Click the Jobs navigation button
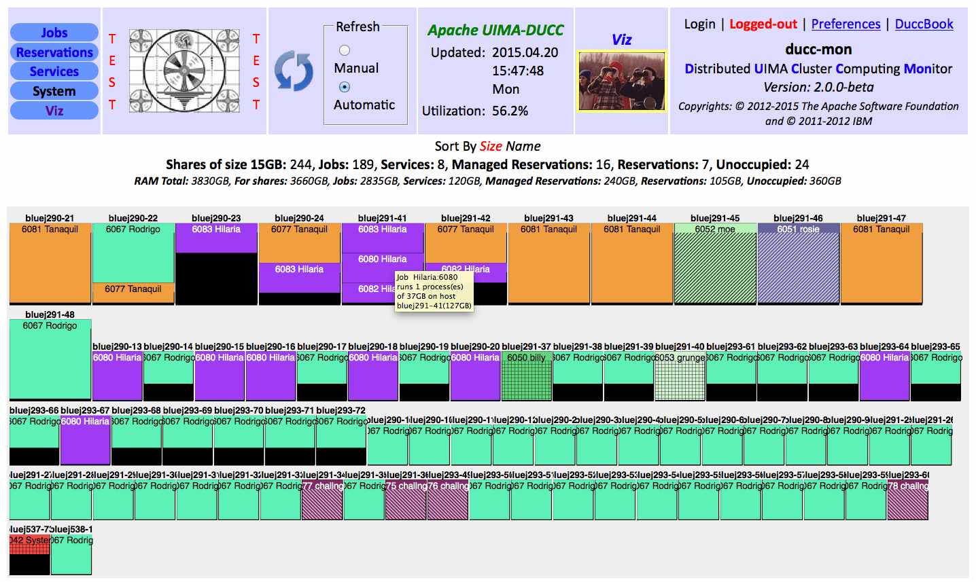coord(54,33)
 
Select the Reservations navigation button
coord(54,52)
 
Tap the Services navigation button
coord(54,71)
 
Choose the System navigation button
coord(54,91)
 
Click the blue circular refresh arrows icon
coord(294,71)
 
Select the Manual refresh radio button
coord(345,50)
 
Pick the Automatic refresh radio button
coord(345,87)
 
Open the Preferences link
coord(846,24)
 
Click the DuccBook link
coord(924,24)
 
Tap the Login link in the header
coord(699,24)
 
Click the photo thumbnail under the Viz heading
coord(621,81)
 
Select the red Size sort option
coord(491,146)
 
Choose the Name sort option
coord(523,146)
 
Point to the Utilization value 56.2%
coord(510,111)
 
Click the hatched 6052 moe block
coord(715,265)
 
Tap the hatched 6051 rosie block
coord(798,265)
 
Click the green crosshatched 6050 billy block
coord(527,377)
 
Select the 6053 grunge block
coord(680,377)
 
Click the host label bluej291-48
coord(50,314)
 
